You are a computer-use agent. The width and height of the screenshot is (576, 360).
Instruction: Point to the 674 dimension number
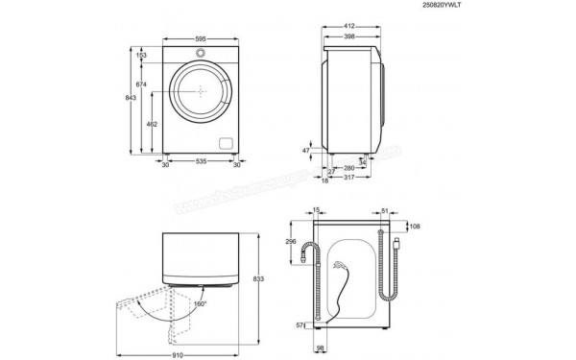click(142, 85)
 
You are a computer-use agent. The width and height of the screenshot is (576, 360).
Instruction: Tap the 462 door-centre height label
click(151, 125)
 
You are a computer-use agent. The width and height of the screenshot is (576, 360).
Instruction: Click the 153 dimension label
click(142, 57)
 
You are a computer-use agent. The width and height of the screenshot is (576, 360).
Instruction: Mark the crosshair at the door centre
click(201, 93)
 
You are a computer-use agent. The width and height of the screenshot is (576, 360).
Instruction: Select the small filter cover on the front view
click(227, 143)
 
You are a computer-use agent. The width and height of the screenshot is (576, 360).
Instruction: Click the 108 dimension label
click(414, 228)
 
